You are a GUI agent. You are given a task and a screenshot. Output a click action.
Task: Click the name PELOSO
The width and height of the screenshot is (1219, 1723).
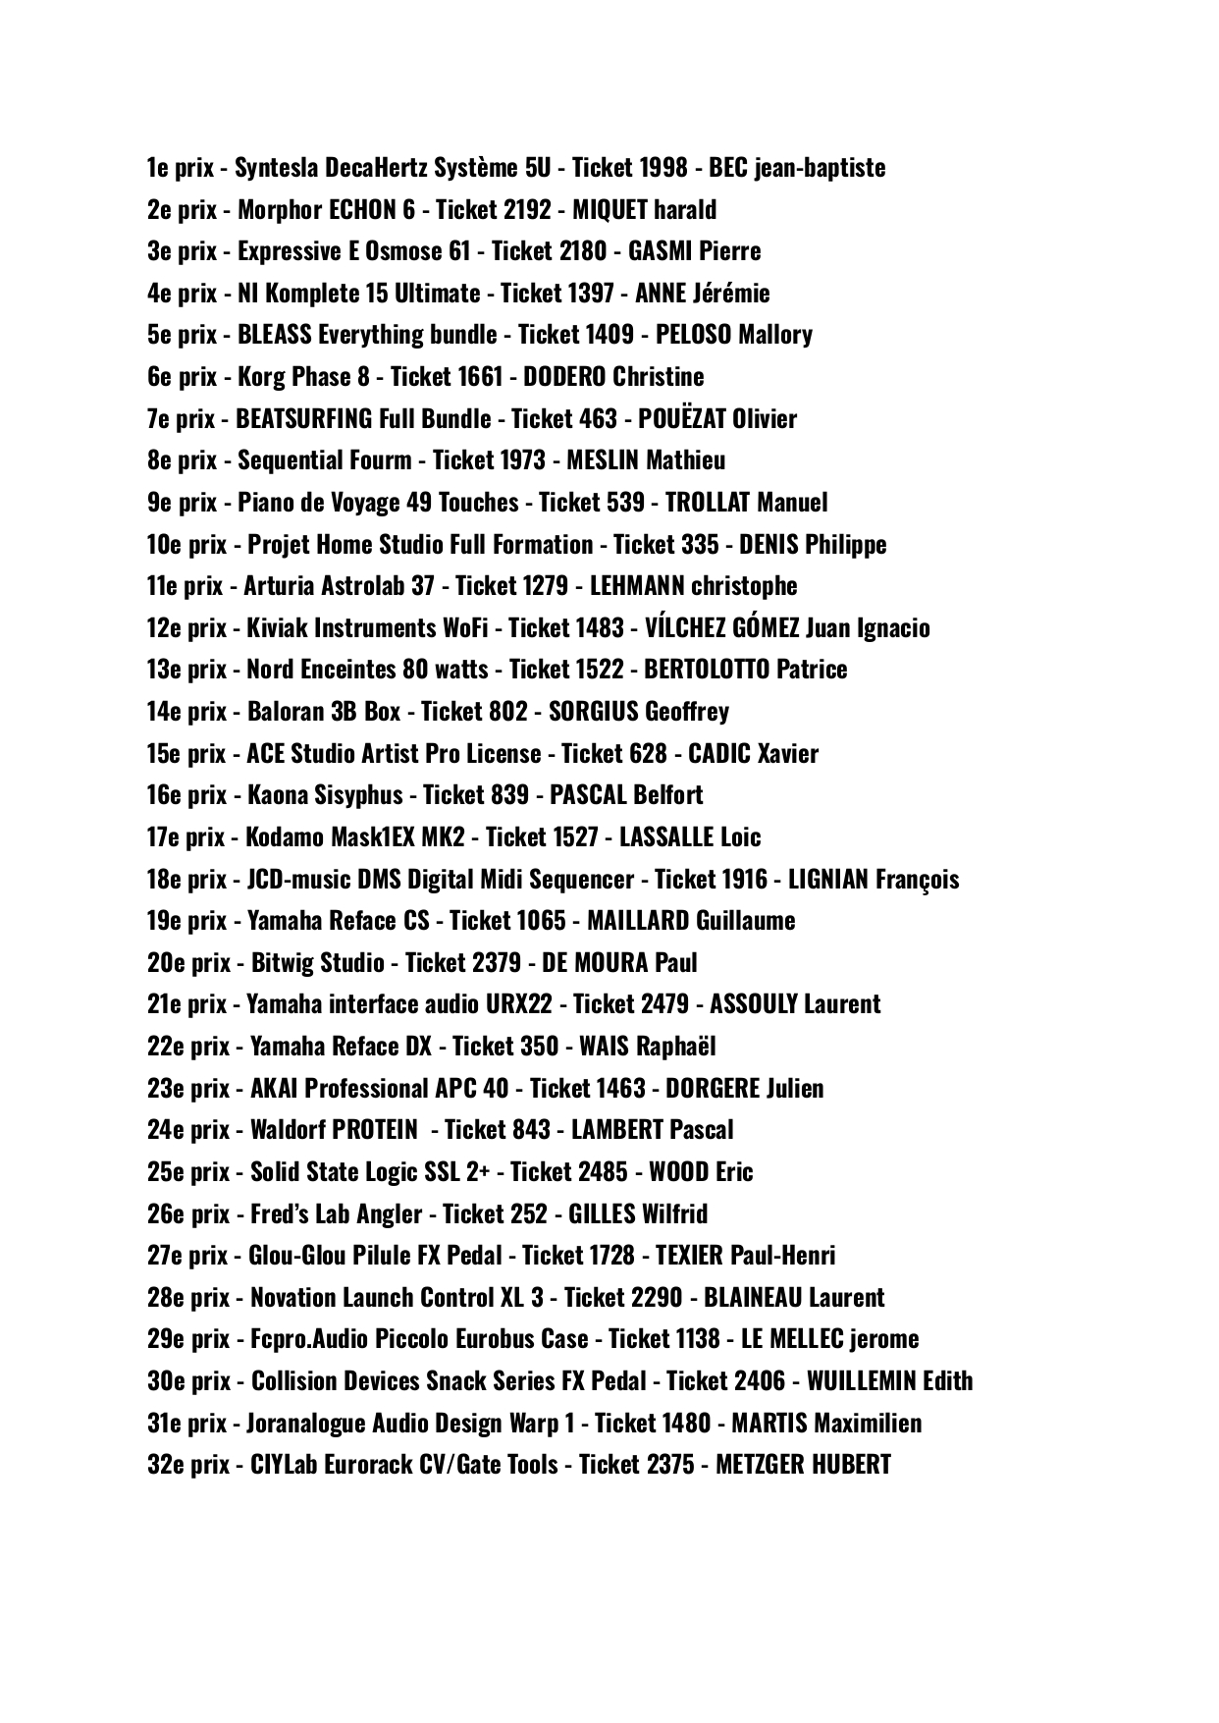coord(693,335)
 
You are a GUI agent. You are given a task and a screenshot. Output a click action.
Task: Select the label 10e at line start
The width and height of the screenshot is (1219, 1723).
coord(163,545)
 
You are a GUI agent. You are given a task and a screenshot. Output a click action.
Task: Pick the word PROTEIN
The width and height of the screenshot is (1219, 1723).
coord(375,1130)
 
